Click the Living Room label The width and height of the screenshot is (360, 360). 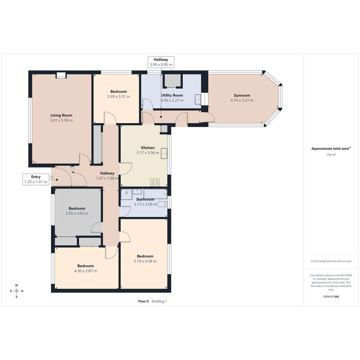pos(61,115)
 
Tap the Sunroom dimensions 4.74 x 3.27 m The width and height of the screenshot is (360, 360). pos(242,100)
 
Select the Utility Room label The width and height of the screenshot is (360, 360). pos(172,95)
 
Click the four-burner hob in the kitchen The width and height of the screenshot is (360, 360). pos(155,182)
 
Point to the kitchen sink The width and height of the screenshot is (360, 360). pos(164,153)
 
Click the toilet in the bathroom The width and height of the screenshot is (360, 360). pos(162,204)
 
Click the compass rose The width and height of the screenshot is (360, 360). pos(16,291)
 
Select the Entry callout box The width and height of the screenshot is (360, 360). pos(36,179)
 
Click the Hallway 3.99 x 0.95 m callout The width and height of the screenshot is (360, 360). pos(161,62)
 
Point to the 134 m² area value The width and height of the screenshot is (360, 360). pos(331,155)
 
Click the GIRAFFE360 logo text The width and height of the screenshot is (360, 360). pos(331,296)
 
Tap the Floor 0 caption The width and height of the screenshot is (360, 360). pos(143,301)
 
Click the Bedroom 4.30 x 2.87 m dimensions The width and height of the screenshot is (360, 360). pos(85,271)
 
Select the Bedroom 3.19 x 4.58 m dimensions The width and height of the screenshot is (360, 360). pos(145,261)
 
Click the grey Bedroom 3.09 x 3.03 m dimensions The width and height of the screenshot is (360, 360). pos(77,213)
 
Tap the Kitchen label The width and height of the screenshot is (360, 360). pos(148,148)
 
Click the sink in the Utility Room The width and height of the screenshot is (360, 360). pos(198,99)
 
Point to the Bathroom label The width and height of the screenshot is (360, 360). pos(145,199)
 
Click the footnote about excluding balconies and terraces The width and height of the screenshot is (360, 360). pos(331,261)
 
